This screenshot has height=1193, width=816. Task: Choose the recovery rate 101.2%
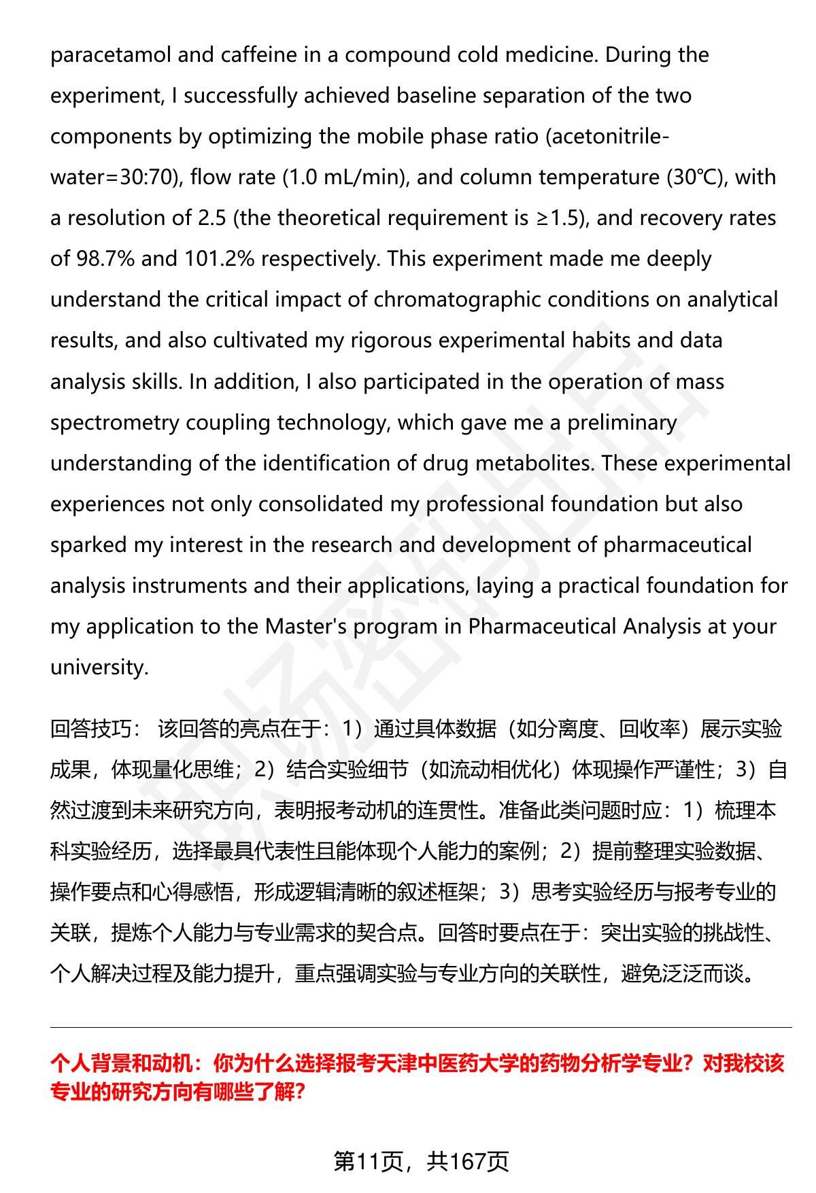216,259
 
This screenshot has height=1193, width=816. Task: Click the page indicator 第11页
368,1162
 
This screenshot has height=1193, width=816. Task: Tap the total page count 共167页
468,1162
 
